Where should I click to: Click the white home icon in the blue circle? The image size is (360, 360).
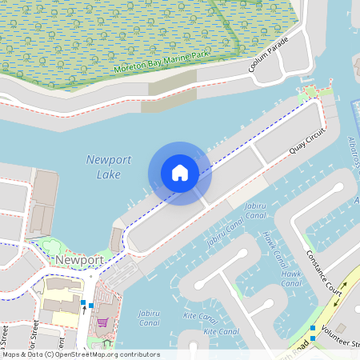(x=180, y=173)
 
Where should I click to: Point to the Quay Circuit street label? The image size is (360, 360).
(x=308, y=144)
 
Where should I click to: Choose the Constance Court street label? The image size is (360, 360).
(x=324, y=272)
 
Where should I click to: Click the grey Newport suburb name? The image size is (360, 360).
(x=79, y=261)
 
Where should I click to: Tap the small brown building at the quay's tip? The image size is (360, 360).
(x=117, y=239)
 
